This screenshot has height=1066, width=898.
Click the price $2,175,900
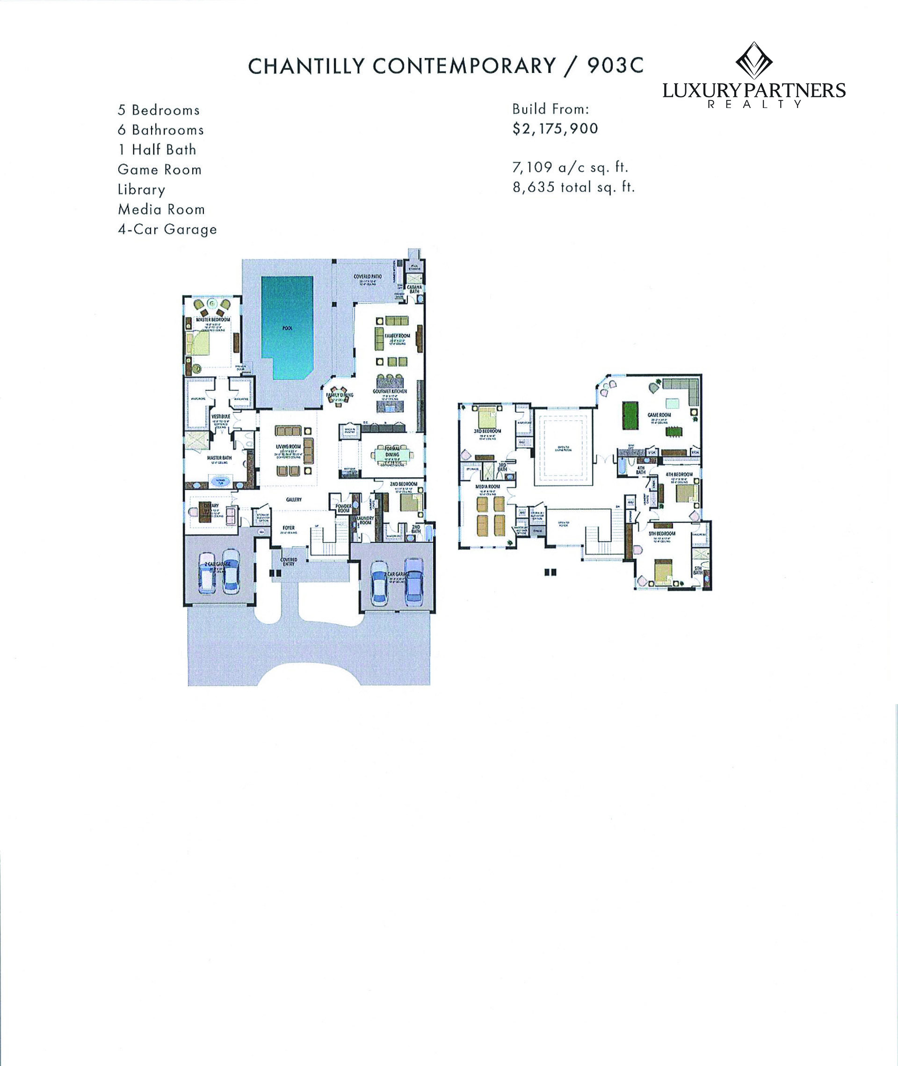click(555, 129)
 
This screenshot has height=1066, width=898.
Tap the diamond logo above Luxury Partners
click(754, 61)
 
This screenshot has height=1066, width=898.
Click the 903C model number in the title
click(616, 65)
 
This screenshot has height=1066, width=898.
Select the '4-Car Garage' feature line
click(167, 230)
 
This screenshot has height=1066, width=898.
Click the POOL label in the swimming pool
click(287, 328)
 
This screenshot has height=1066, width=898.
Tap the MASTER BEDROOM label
click(213, 319)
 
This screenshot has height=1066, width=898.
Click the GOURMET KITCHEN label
click(390, 391)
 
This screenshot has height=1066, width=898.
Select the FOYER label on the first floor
click(289, 528)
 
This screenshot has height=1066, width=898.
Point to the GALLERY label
click(294, 500)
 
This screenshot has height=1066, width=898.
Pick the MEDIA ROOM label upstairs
click(488, 486)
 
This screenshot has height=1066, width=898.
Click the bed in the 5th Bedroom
click(663, 572)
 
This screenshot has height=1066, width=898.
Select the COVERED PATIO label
click(368, 277)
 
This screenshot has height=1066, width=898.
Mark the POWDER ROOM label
click(344, 508)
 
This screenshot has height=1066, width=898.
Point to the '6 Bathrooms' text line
click(160, 130)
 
